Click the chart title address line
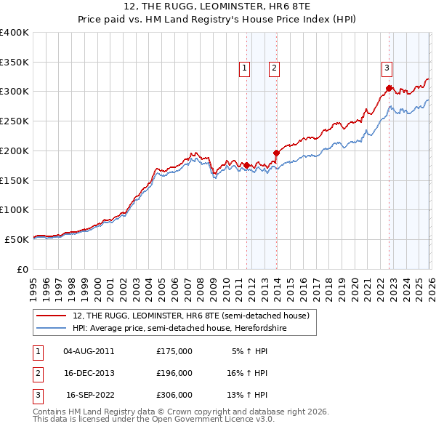tap(218, 7)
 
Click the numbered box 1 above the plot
tap(243, 69)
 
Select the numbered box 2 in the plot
tap(275, 69)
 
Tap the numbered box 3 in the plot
tap(387, 69)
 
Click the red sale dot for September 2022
tap(389, 88)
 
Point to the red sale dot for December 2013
tap(277, 153)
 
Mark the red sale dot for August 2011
tap(246, 165)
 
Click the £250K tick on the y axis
tap(15, 121)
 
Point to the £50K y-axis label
tap(17, 239)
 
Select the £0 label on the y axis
tap(22, 269)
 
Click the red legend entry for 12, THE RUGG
tap(191, 316)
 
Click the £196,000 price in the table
tap(174, 373)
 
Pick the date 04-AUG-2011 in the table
tap(89, 350)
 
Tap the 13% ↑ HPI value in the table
tap(249, 396)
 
